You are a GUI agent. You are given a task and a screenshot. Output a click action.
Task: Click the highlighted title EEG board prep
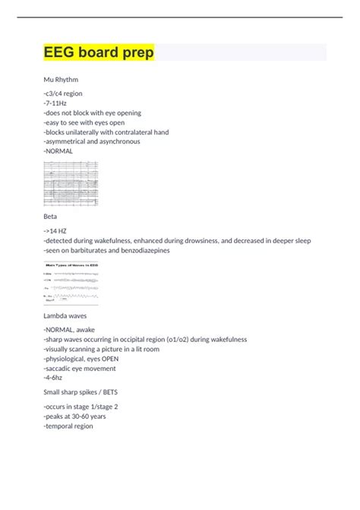pyautogui.click(x=99, y=52)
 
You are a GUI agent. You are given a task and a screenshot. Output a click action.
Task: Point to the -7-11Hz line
pyautogui.click(x=57, y=103)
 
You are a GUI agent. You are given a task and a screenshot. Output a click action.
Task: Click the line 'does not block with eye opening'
pyautogui.click(x=93, y=112)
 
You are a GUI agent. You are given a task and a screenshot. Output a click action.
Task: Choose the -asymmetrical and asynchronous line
pyautogui.click(x=95, y=141)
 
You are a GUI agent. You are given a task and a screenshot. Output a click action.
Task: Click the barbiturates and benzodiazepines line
pyautogui.click(x=106, y=250)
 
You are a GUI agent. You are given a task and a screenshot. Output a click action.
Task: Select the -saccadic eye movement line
pyautogui.click(x=80, y=369)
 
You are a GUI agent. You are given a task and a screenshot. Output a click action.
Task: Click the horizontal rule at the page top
pyautogui.click(x=179, y=17)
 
